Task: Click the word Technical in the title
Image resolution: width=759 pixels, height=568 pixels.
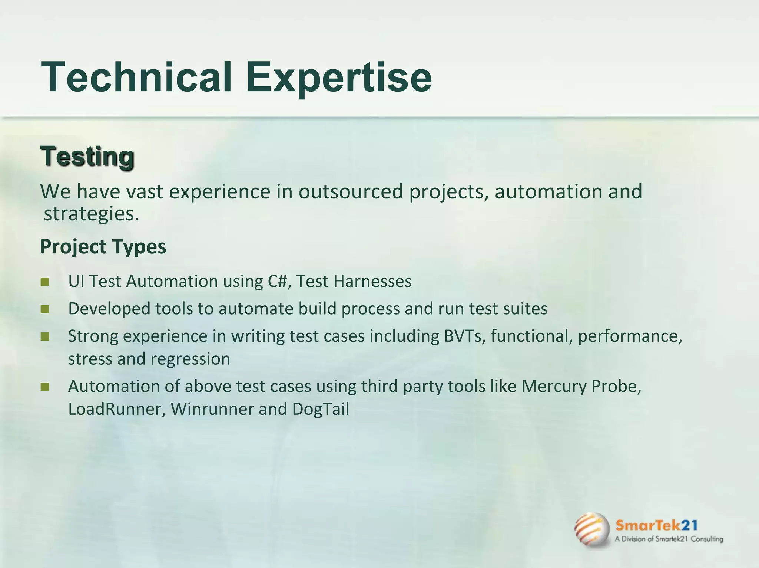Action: (136, 77)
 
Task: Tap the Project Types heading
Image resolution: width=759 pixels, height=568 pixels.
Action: (103, 246)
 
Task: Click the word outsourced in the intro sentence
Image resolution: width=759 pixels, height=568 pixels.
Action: (351, 192)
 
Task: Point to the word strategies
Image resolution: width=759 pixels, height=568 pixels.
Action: (91, 214)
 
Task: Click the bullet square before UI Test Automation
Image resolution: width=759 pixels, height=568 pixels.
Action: (45, 282)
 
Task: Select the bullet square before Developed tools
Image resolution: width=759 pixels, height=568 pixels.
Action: (45, 309)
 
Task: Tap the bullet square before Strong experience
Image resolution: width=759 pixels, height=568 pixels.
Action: (45, 336)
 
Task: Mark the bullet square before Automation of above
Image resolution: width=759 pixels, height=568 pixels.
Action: (45, 387)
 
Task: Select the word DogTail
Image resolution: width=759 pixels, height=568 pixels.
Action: (321, 409)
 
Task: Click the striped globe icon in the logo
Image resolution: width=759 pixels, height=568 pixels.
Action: (592, 530)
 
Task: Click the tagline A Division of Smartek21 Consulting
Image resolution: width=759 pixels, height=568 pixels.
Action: (669, 539)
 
